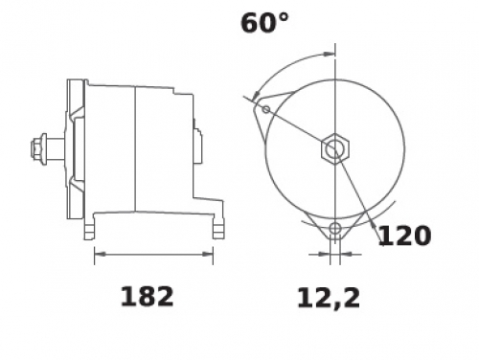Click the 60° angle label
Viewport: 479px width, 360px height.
(x=264, y=23)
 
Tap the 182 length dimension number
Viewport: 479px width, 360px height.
(x=147, y=297)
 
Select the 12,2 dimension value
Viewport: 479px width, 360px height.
(x=329, y=299)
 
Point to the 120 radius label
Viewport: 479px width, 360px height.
(x=404, y=236)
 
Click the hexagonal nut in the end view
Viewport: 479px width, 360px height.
(x=335, y=148)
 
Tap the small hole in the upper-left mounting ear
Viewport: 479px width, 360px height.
(x=266, y=110)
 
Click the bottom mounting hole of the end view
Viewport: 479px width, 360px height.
(x=335, y=229)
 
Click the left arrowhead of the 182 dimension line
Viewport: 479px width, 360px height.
(x=100, y=255)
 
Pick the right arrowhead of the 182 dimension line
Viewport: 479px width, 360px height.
(x=208, y=255)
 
